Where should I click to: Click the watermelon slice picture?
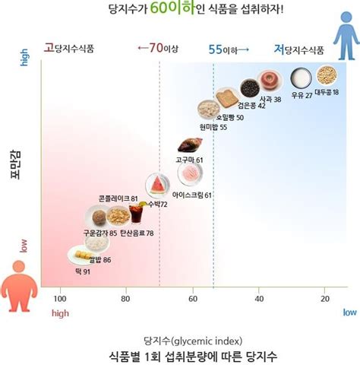click(157, 185)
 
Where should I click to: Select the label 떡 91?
click(82, 271)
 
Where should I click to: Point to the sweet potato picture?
click(188, 145)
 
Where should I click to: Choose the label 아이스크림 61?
click(191, 195)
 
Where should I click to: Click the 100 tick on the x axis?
click(58, 298)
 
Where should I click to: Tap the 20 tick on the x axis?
click(325, 298)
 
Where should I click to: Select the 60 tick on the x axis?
click(192, 298)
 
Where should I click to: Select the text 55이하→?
click(230, 49)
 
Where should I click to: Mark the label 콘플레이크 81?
click(118, 198)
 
